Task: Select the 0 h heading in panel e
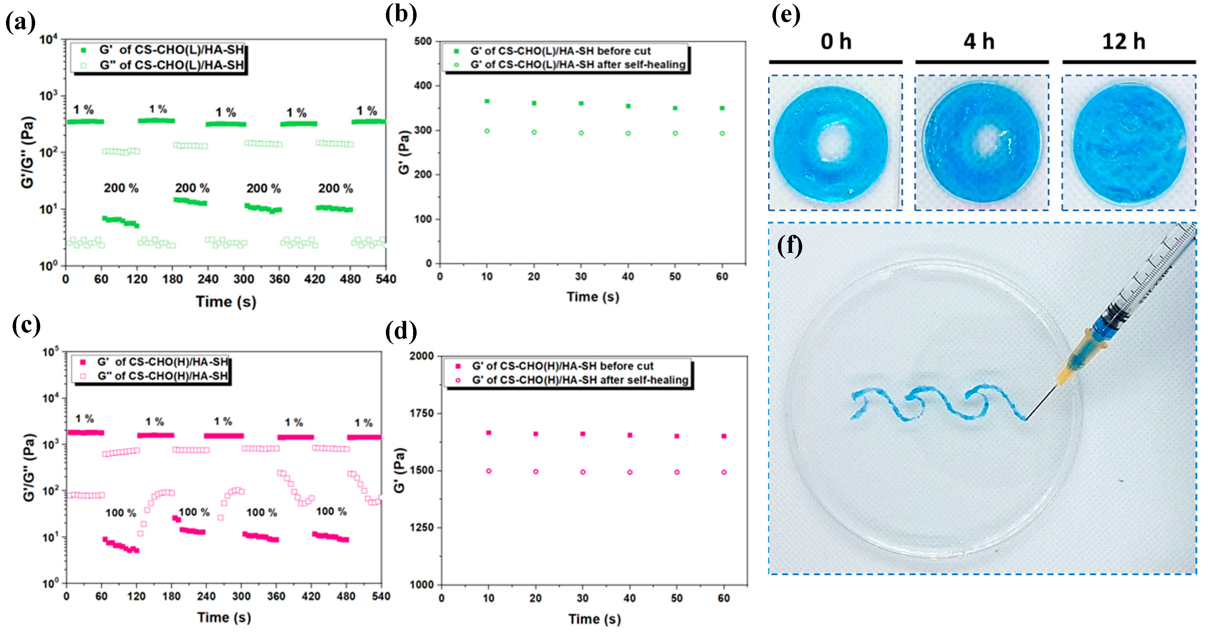tap(835, 42)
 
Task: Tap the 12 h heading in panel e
tap(1123, 42)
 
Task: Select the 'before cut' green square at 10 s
tap(487, 101)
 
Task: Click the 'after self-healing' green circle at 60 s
tap(722, 133)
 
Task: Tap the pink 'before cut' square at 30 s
tap(582, 434)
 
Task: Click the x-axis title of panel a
tap(226, 301)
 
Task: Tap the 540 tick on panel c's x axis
tap(381, 596)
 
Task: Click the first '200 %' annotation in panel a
tap(121, 188)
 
